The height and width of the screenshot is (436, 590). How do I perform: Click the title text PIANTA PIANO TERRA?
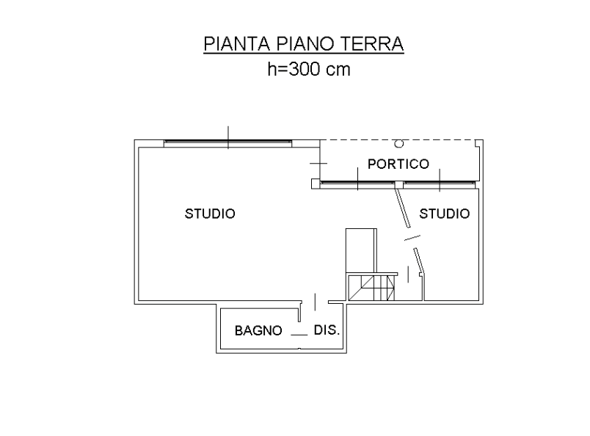(x=304, y=44)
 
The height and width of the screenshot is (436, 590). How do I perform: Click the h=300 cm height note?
(x=308, y=70)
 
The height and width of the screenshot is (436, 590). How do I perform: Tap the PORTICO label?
(x=398, y=164)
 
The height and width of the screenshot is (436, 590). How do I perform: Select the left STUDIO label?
(x=211, y=214)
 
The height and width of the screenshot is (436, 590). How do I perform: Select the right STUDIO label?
(x=444, y=214)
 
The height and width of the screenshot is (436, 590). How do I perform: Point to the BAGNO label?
(x=258, y=330)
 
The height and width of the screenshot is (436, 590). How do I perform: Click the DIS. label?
(x=327, y=330)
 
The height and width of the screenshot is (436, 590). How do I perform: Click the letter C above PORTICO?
(x=398, y=144)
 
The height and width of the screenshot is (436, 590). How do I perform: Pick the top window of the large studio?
(x=228, y=142)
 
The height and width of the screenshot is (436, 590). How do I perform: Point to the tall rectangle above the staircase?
(x=360, y=250)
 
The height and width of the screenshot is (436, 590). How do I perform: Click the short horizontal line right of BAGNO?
(x=298, y=334)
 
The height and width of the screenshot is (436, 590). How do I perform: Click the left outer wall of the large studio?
(x=135, y=220)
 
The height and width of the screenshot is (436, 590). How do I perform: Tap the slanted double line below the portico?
(x=402, y=209)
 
